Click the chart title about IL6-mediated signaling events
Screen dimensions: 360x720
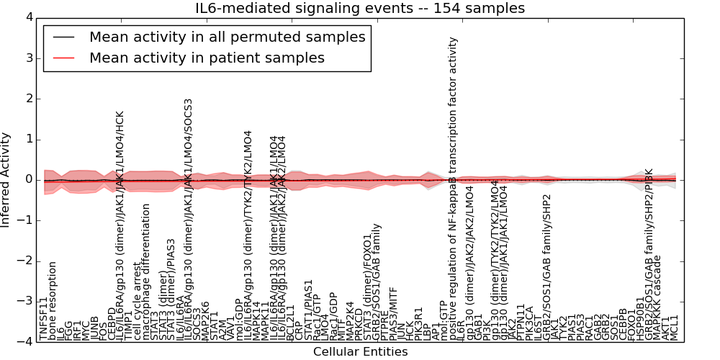[x=360, y=8]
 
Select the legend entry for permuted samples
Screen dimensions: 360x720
[x=227, y=37]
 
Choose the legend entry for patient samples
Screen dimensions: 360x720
[x=207, y=58]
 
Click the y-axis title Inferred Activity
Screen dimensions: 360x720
[x=6, y=179]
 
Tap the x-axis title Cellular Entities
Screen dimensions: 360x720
[x=360, y=352]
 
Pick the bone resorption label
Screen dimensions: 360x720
[x=52, y=300]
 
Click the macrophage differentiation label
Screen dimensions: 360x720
[x=145, y=271]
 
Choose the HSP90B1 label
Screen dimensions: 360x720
[x=640, y=318]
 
